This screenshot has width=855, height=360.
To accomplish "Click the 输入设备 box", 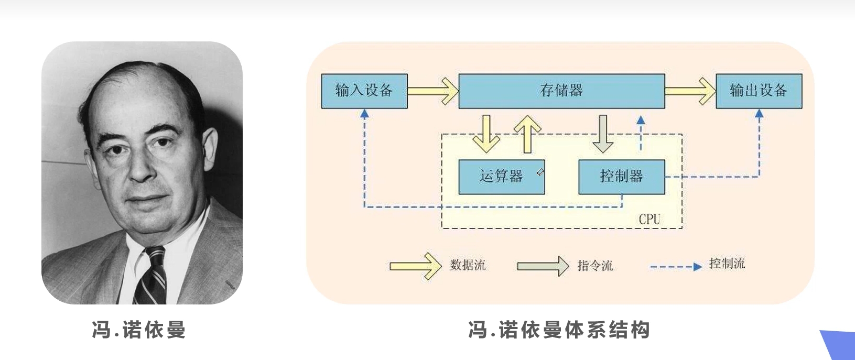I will [x=364, y=91].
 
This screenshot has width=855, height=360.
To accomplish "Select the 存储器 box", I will [x=561, y=91].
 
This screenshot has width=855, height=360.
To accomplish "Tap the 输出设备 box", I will [x=758, y=91].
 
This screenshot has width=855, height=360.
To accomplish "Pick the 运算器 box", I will [x=501, y=177].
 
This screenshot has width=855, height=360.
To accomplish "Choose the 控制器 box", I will [x=621, y=177].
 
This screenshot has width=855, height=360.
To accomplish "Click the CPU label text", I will [x=649, y=220].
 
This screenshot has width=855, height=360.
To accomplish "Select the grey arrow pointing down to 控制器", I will [x=603, y=134].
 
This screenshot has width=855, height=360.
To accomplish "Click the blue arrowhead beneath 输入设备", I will [x=365, y=113].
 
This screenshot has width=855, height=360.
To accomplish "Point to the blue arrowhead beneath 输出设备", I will [x=759, y=113].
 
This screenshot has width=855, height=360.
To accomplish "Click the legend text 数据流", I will [x=468, y=265].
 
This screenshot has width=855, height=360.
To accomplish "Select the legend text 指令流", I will [x=595, y=266].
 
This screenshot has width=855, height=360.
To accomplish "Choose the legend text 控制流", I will [x=727, y=264].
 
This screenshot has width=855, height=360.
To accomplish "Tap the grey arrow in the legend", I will [x=543, y=266].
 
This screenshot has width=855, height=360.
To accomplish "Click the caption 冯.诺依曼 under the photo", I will [x=139, y=331].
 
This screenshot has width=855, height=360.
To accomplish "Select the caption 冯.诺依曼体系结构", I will [x=559, y=330].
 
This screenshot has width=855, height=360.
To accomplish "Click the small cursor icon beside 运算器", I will [x=540, y=172].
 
